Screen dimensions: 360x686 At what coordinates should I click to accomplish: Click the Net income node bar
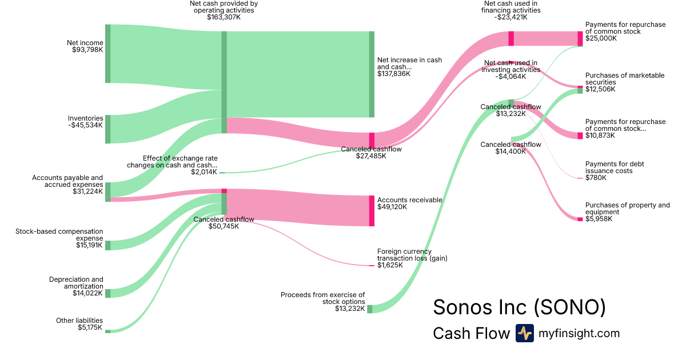click(107, 54)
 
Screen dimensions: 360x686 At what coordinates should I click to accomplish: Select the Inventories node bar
click(107, 129)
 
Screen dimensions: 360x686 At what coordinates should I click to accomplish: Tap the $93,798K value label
click(85, 50)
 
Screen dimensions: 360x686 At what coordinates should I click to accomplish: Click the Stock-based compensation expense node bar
click(107, 245)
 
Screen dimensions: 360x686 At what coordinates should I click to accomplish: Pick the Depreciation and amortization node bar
click(107, 293)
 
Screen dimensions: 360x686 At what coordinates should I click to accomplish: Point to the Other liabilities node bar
click(107, 331)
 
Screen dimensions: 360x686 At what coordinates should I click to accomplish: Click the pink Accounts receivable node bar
click(372, 210)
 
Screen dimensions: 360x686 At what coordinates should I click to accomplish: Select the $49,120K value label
click(392, 207)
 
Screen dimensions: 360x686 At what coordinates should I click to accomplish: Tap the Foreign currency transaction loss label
click(412, 255)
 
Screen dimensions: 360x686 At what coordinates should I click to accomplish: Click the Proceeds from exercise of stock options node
click(369, 309)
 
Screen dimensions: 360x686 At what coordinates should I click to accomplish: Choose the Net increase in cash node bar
click(372, 74)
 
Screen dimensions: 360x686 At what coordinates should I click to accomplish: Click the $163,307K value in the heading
click(224, 17)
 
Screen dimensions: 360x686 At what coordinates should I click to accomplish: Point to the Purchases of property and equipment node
click(580, 219)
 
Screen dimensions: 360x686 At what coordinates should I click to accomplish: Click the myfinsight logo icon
click(524, 333)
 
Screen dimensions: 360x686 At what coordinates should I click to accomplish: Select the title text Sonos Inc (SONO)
click(519, 307)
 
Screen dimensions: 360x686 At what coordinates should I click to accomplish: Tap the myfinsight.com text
click(579, 333)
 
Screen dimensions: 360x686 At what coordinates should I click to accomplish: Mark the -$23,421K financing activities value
click(510, 17)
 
